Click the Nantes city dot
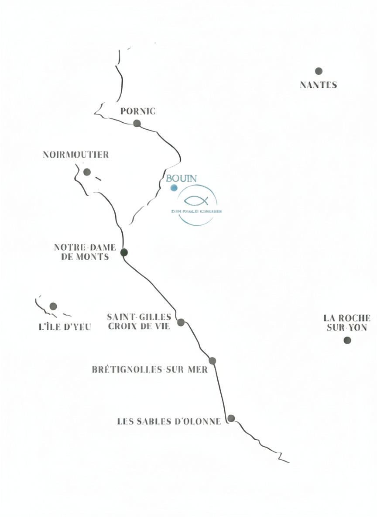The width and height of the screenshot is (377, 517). (319, 71)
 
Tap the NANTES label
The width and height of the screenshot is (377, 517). (319, 85)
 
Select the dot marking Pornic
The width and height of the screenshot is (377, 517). (137, 123)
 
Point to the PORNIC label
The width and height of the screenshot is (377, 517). (138, 111)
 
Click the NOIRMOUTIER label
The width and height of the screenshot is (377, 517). (76, 155)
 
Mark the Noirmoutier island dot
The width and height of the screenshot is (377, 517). (87, 172)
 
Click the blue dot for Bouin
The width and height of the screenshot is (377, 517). (174, 188)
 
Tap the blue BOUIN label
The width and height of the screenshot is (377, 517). (181, 178)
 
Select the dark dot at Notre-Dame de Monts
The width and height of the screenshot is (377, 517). (124, 252)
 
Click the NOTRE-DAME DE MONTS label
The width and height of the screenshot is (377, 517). (85, 252)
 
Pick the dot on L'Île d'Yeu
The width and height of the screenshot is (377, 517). (53, 306)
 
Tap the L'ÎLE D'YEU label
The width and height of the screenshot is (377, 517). (65, 327)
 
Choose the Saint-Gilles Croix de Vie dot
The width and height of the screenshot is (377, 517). (181, 322)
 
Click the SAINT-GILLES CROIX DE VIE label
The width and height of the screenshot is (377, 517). (139, 321)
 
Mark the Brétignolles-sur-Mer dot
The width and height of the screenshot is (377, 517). (212, 361)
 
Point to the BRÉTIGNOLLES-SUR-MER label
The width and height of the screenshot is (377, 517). (150, 369)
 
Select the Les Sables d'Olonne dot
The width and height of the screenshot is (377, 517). (231, 418)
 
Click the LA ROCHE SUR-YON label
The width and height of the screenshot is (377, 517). (347, 323)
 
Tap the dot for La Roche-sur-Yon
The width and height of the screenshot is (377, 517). (347, 340)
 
